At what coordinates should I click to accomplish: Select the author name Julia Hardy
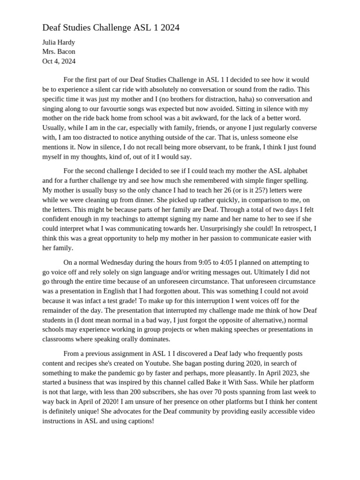click(59, 42)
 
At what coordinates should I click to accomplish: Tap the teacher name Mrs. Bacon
click(59, 52)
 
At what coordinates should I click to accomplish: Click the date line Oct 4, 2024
click(59, 61)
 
